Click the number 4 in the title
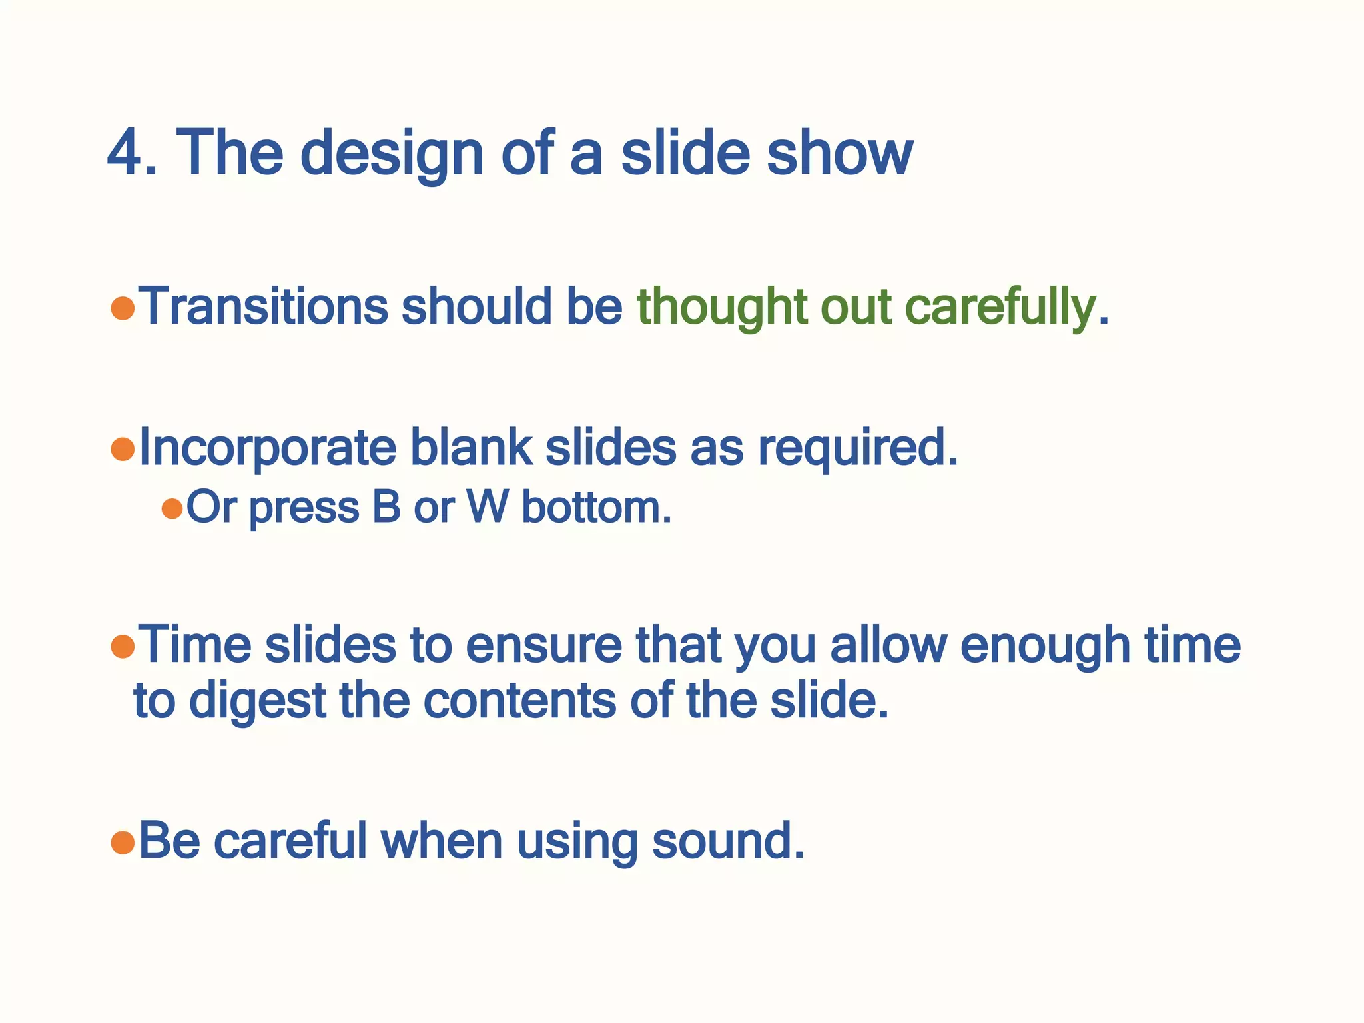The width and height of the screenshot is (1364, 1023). click(127, 153)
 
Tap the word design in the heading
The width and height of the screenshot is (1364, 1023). click(392, 155)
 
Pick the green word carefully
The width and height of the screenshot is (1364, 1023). click(999, 308)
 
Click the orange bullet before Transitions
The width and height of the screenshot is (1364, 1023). click(123, 308)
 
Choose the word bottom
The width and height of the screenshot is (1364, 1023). click(596, 508)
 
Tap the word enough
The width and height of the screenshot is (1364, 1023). click(1045, 646)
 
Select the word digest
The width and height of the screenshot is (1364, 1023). click(257, 701)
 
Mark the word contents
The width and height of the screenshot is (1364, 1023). click(519, 701)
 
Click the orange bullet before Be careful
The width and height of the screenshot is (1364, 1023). click(123, 843)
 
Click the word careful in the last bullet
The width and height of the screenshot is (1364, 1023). click(290, 841)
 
